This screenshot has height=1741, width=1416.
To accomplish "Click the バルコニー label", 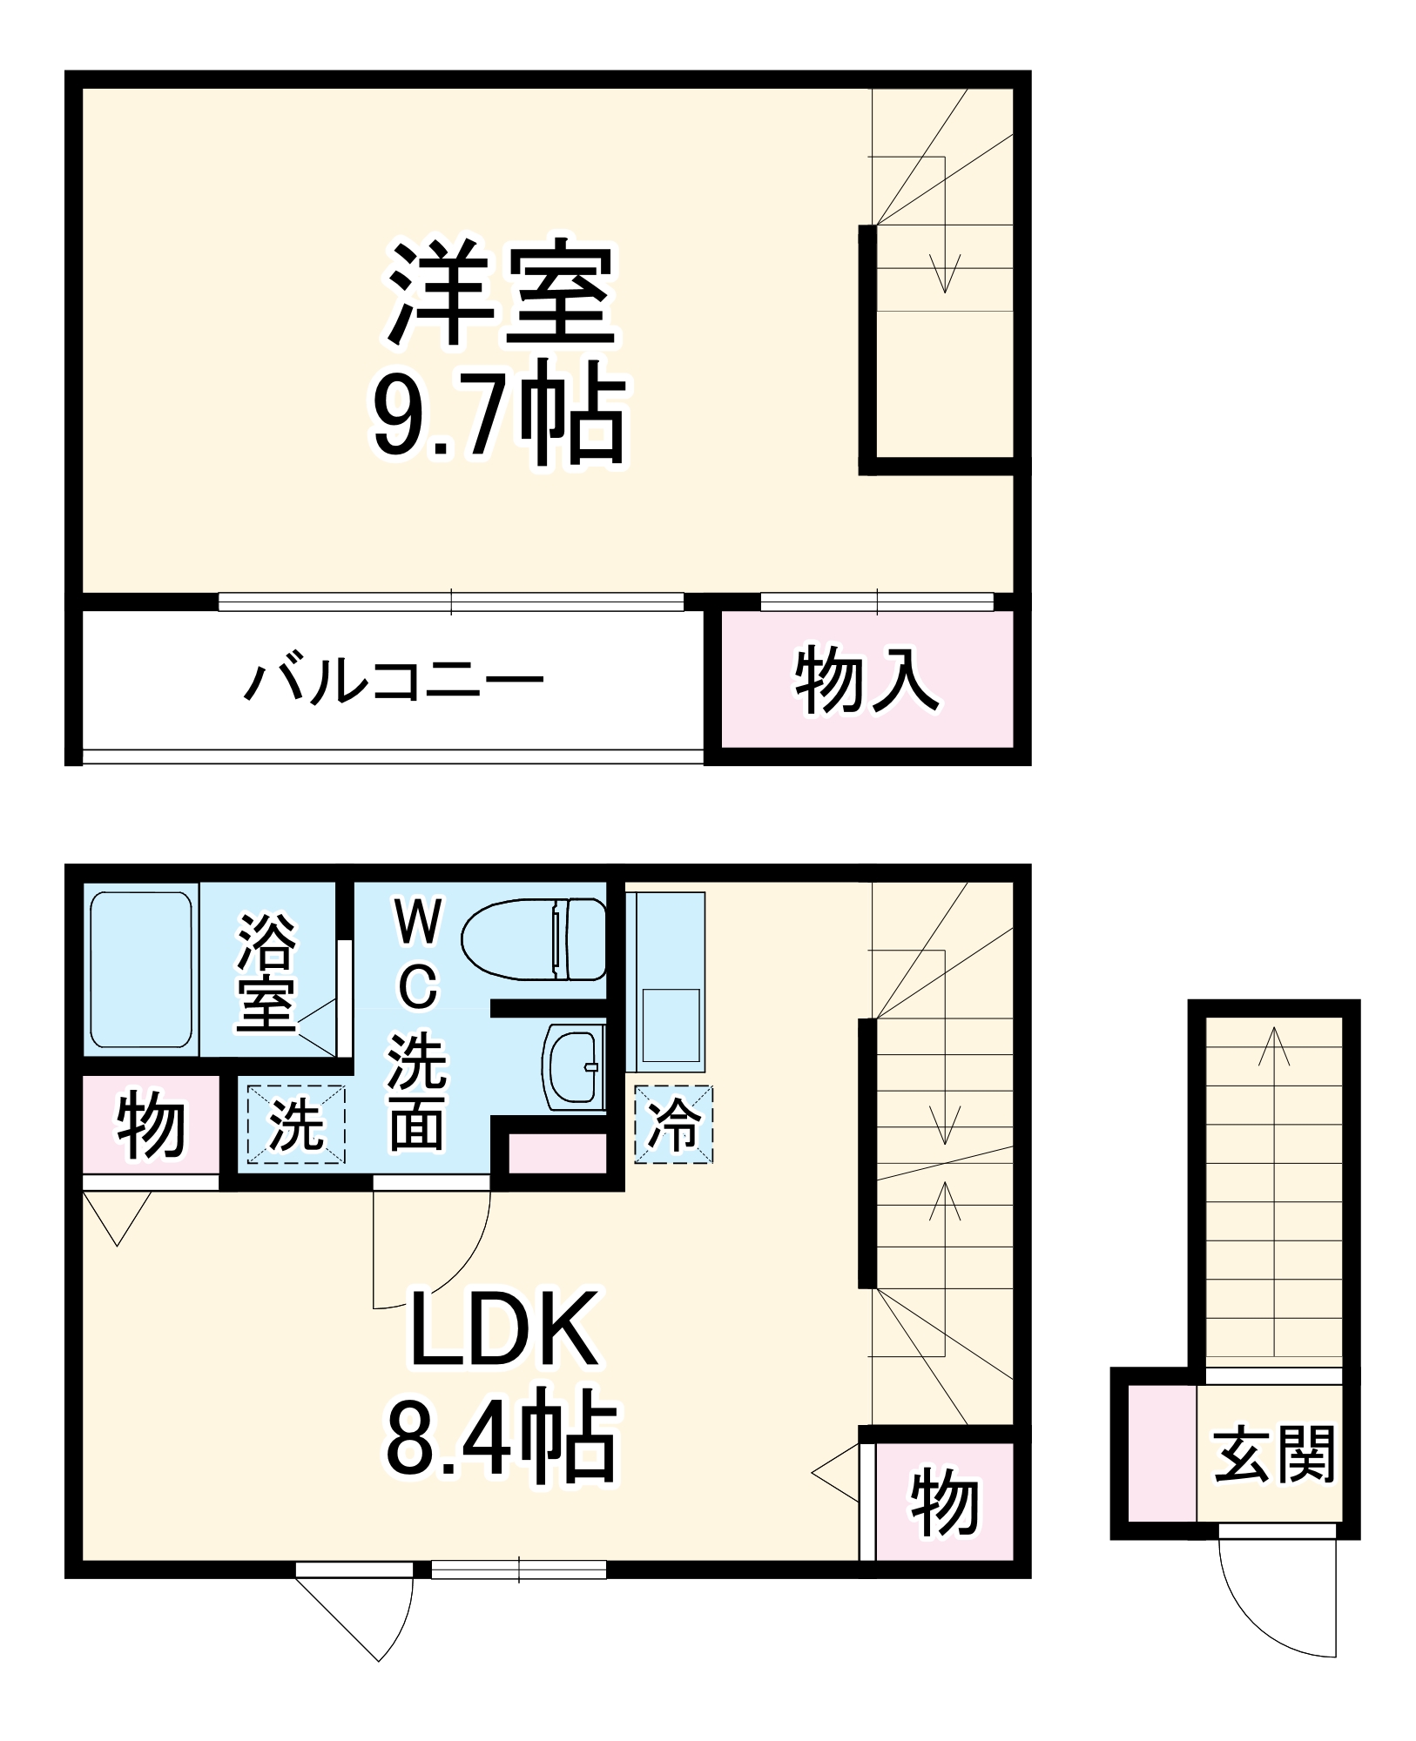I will click(x=394, y=682).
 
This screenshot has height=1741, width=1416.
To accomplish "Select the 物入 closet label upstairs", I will click(x=866, y=680).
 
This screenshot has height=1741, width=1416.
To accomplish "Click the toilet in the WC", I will click(x=533, y=940).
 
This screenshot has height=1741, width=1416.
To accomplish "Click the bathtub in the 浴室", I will click(x=140, y=970).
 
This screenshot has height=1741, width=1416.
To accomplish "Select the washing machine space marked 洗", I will click(x=296, y=1124).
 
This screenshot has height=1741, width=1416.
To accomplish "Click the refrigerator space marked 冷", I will click(x=673, y=1124).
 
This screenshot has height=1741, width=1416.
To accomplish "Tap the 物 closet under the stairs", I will click(x=944, y=1503).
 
